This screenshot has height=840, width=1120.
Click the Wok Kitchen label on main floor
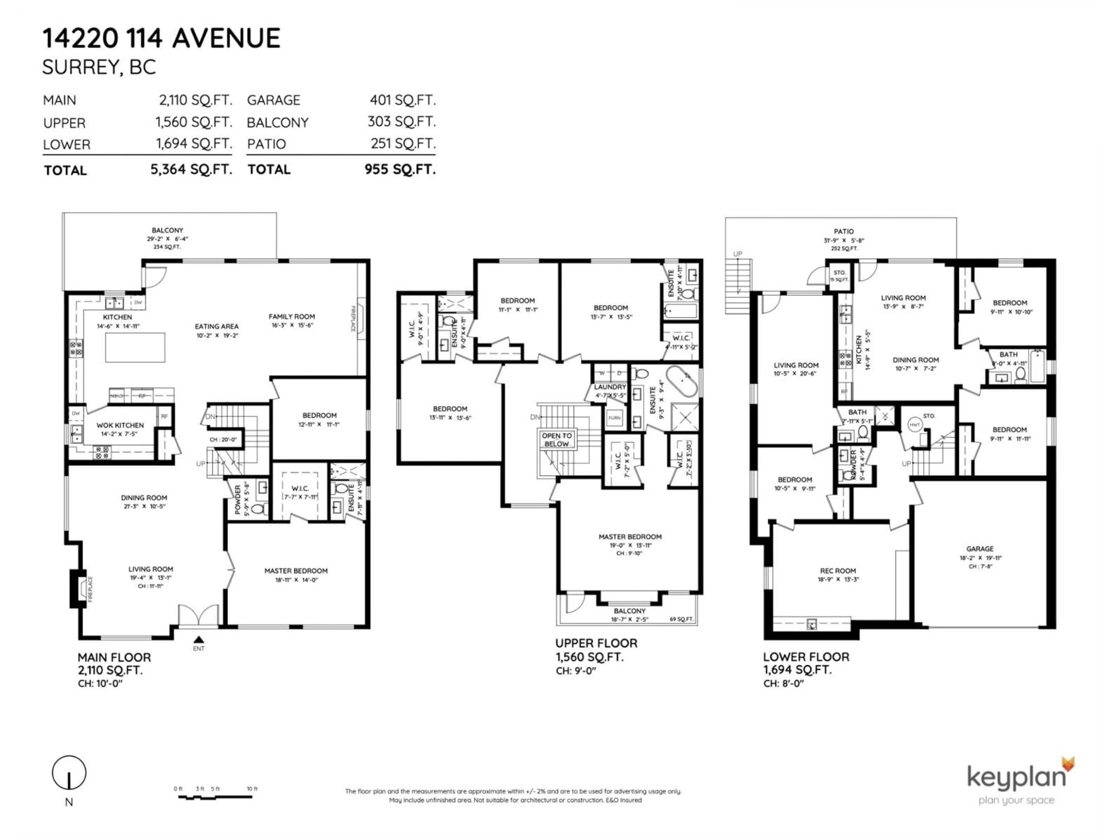120,425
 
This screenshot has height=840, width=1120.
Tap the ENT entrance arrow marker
199,640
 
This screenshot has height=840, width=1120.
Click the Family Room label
292,316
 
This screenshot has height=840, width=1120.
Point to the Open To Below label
556,440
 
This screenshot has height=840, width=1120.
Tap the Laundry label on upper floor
610,387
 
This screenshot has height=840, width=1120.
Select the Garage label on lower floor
980,549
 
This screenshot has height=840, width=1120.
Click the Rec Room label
838,570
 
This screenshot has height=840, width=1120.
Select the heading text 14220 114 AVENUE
161,38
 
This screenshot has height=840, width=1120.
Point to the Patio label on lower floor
843,231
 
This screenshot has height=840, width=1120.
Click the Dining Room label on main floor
144,498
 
